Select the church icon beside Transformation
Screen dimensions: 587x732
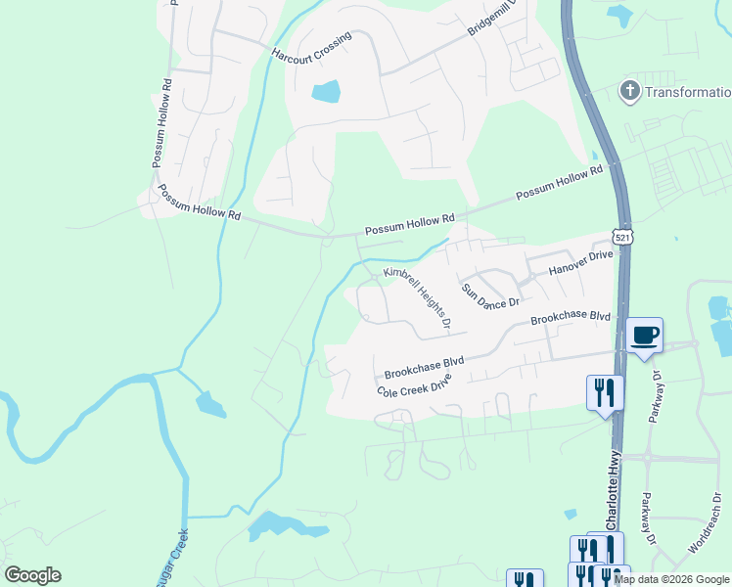coord(629,92)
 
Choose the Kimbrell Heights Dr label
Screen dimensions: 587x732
coord(417,297)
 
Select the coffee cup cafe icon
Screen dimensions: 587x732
coord(644,336)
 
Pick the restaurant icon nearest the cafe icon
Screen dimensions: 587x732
coord(604,393)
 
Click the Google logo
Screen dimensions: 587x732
coord(32,575)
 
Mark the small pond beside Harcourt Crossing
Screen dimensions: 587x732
coord(326,93)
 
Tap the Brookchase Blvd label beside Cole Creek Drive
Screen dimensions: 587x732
coord(424,368)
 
